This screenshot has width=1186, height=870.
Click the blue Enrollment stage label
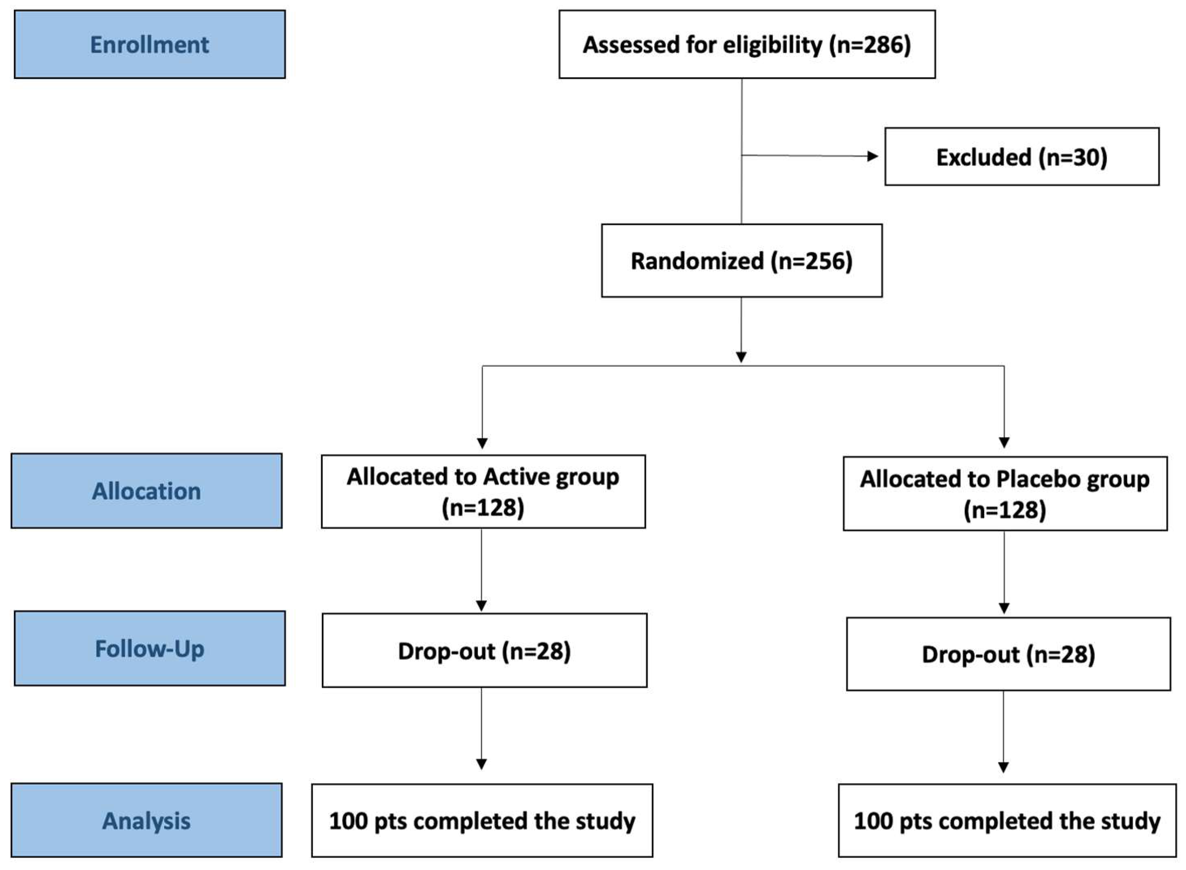pyautogui.click(x=149, y=44)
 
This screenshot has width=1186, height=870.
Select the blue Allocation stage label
pyautogui.click(x=146, y=491)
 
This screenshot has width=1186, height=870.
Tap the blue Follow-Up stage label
pyautogui.click(x=149, y=648)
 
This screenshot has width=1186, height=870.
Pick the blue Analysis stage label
pyautogui.click(x=146, y=820)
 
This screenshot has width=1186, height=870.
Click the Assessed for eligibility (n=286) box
pyautogui.click(x=747, y=44)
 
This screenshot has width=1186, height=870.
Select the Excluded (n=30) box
pyautogui.click(x=1022, y=156)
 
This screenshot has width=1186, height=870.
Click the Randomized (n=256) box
pyautogui.click(x=741, y=260)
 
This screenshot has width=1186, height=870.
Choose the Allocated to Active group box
pyautogui.click(x=483, y=491)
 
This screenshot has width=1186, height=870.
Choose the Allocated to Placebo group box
pyautogui.click(x=1005, y=493)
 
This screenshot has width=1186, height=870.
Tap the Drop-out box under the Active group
pyautogui.click(x=484, y=651)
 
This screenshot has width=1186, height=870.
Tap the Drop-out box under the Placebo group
pyautogui.click(x=1008, y=654)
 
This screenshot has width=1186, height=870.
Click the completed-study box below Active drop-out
pyautogui.click(x=482, y=820)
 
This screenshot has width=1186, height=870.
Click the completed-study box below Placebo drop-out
pyautogui.click(x=1007, y=820)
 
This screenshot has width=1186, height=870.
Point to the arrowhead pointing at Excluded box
pyautogui.click(x=873, y=156)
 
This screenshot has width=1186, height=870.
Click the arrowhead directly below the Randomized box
pyautogui.click(x=741, y=357)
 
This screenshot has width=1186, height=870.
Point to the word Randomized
pyautogui.click(x=697, y=260)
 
